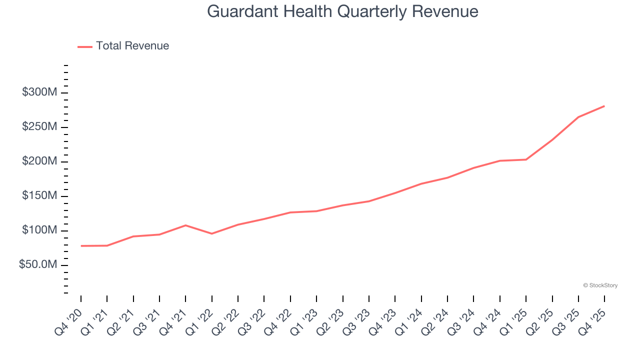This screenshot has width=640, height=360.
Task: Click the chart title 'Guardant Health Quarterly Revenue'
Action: [x=342, y=11]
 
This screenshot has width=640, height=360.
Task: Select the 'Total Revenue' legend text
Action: [x=132, y=46]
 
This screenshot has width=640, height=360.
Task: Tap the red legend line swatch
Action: [x=85, y=46]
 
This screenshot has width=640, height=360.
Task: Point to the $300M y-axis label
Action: [x=39, y=92]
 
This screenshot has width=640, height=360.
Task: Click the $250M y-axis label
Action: [x=39, y=127]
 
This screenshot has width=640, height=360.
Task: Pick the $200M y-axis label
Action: [x=39, y=161]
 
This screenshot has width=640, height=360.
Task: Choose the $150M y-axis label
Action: [x=39, y=196]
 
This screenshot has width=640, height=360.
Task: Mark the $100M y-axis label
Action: [x=39, y=230]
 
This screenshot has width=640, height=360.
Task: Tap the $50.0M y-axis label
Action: [x=37, y=264]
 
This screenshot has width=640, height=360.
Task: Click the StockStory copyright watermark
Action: [x=600, y=285]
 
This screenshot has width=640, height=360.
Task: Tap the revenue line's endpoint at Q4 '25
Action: [x=604, y=106]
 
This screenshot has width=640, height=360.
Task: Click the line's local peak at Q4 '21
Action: [x=185, y=225]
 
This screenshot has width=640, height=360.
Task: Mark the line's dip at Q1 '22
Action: [x=212, y=233]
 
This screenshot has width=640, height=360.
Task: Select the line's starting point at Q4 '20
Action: [x=81, y=246]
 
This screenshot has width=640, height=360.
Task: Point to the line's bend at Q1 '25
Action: [x=526, y=159]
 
